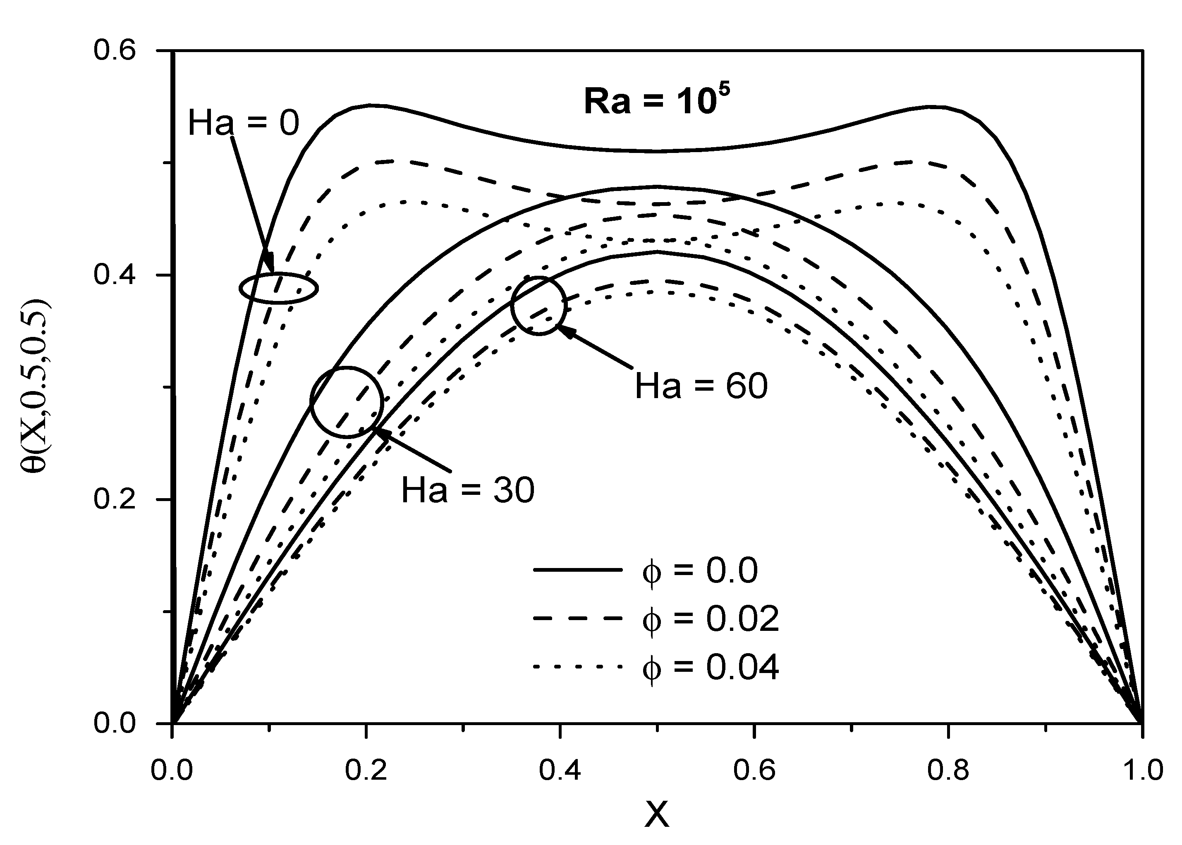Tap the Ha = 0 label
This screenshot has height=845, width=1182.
pyautogui.click(x=243, y=124)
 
